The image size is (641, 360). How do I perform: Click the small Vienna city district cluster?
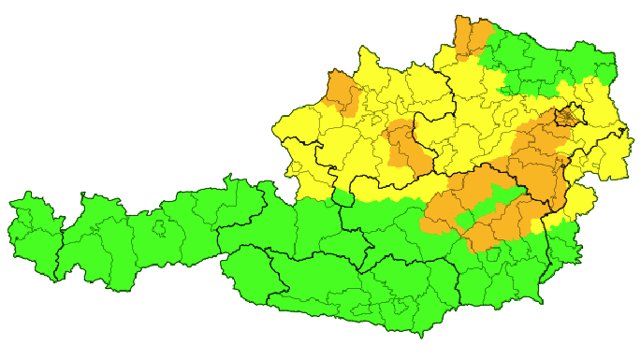[x=567, y=117]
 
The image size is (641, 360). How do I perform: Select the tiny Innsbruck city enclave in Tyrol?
[x=160, y=228]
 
